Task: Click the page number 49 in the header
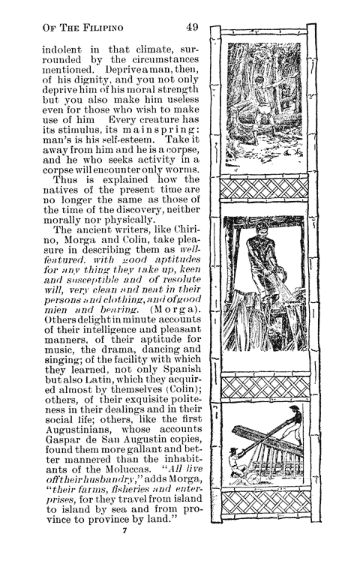[191, 28]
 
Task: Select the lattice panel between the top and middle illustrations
[265, 190]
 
